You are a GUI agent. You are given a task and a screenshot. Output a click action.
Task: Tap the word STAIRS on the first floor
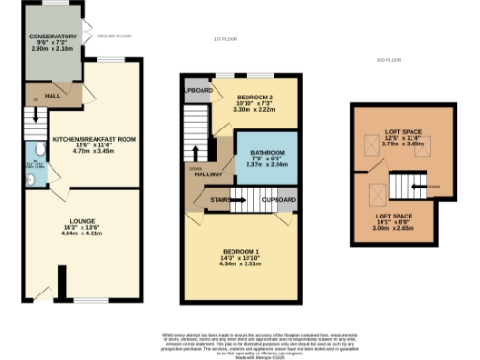click(x=219, y=199)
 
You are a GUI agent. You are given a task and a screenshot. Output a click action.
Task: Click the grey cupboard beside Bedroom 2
click(x=197, y=90)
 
